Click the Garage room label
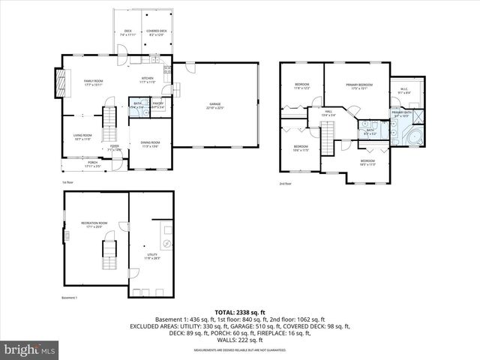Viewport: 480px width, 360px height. point(215,106)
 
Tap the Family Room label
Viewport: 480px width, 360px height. point(93,82)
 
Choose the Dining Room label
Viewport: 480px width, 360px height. point(150,144)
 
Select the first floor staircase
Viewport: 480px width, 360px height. point(109,119)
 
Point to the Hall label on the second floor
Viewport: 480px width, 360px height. point(328,113)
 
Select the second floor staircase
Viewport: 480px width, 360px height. point(327,134)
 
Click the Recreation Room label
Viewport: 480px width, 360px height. point(95,224)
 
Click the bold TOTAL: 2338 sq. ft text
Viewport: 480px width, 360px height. point(240,311)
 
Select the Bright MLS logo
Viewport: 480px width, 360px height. point(30,349)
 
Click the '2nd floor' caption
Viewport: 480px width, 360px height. point(285,183)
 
